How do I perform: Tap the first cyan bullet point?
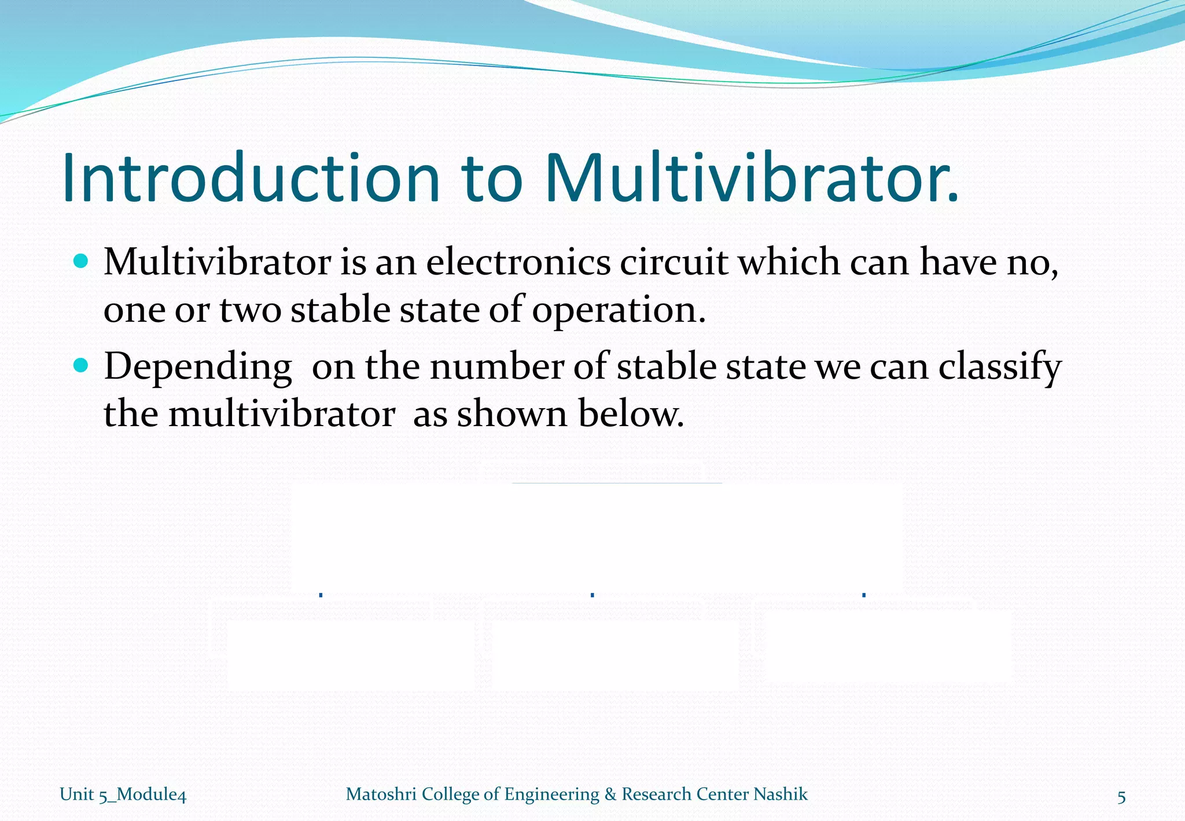click(x=82, y=261)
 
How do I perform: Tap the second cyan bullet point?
click(x=82, y=366)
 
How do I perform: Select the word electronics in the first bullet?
click(x=518, y=262)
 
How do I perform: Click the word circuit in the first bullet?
click(x=674, y=262)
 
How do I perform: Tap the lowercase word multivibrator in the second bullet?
click(x=282, y=414)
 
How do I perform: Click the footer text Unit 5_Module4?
click(x=123, y=794)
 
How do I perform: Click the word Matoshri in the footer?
click(x=381, y=794)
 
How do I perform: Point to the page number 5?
click(x=1121, y=797)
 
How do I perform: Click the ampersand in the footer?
click(x=610, y=794)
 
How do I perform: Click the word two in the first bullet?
click(x=250, y=310)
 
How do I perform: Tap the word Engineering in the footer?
click(x=551, y=794)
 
